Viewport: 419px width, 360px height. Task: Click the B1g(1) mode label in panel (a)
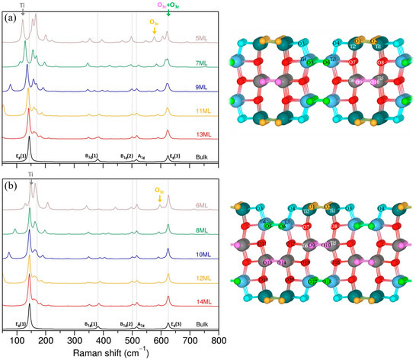click(91, 156)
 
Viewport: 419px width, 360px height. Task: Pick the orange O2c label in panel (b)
click(158, 190)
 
